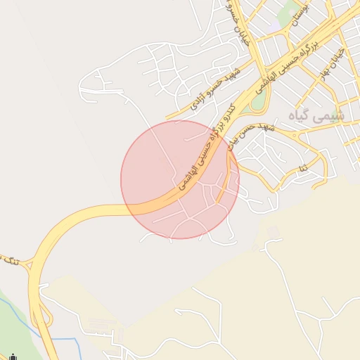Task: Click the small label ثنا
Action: (304, 169)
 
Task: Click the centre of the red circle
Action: (180, 179)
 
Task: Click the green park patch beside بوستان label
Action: (288, 11)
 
